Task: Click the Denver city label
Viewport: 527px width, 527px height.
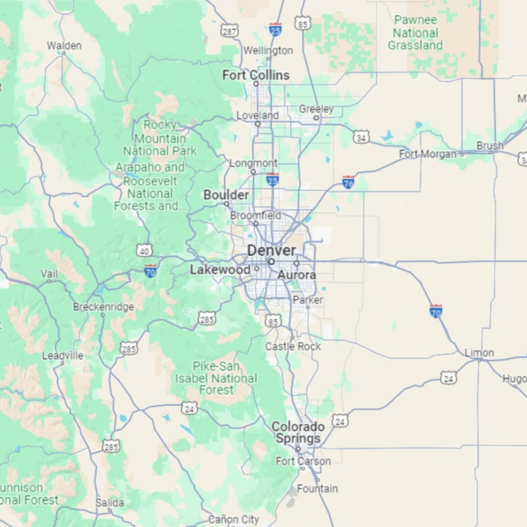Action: click(271, 251)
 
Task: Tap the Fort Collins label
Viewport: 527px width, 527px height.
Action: click(256, 75)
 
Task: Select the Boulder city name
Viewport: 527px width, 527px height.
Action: click(226, 195)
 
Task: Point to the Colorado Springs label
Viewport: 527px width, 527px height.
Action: click(298, 433)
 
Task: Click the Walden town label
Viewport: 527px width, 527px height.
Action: click(64, 46)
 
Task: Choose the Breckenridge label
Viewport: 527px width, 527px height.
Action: click(103, 307)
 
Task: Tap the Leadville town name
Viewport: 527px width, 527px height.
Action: click(62, 355)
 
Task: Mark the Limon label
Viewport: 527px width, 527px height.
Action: click(479, 353)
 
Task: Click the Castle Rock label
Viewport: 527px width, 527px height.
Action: click(293, 346)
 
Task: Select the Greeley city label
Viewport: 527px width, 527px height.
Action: click(317, 109)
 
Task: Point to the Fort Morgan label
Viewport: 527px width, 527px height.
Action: click(428, 154)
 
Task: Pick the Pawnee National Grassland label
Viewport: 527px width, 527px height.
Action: click(415, 33)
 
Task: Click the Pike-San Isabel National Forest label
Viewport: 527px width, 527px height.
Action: click(216, 378)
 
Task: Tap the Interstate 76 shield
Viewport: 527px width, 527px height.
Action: click(348, 182)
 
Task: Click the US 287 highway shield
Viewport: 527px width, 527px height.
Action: click(229, 31)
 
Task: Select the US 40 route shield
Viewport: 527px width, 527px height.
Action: click(145, 251)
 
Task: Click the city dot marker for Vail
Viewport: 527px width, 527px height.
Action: click(49, 282)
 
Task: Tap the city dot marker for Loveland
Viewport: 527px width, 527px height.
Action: click(258, 124)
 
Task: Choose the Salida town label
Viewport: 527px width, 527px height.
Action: click(110, 503)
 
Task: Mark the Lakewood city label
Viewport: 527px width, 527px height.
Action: click(220, 269)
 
